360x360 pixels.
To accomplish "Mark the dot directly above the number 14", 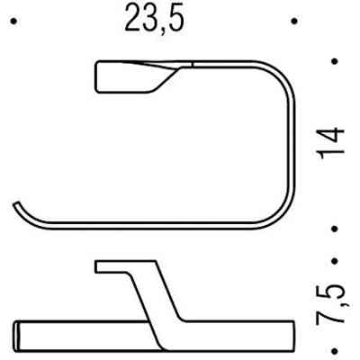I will tap(334, 62).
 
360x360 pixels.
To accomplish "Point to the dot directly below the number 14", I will tap(334, 228).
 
